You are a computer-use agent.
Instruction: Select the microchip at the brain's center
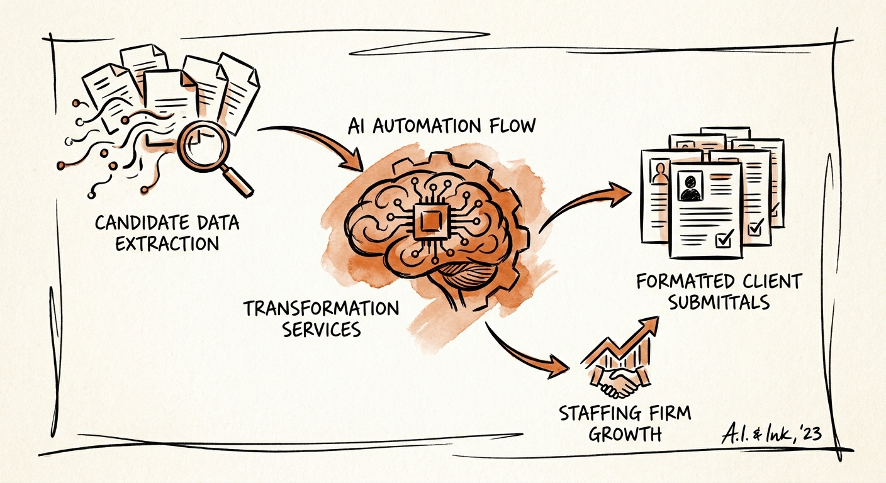point(431,221)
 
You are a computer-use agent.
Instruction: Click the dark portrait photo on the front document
point(690,186)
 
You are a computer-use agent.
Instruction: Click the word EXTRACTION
point(167,243)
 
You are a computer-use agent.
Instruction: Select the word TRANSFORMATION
point(321,309)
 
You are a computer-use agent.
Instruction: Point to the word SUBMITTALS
point(719,303)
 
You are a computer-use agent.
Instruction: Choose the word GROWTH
point(625,434)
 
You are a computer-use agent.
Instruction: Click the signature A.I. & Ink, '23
point(771,434)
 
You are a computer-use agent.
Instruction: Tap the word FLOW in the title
point(513,126)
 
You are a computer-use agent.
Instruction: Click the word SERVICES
point(322,329)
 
